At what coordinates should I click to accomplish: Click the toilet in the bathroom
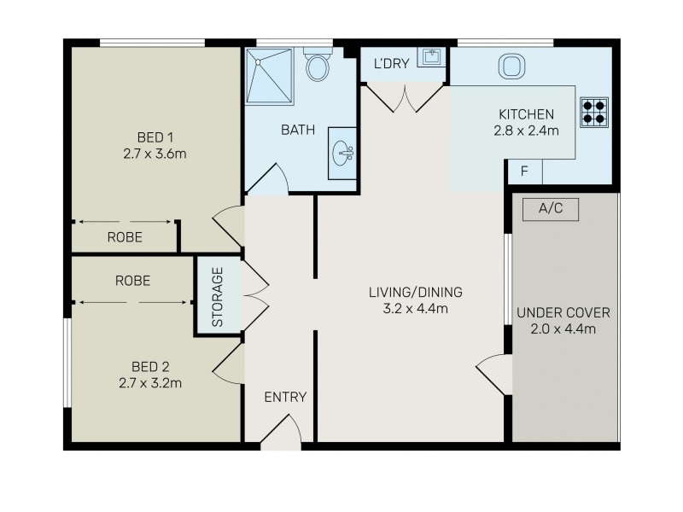[x=318, y=66]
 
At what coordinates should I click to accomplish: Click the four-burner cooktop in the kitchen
[x=593, y=112]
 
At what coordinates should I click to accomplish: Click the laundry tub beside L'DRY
[x=430, y=57]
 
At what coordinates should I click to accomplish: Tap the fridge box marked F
[x=524, y=171]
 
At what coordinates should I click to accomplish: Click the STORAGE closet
[x=217, y=297]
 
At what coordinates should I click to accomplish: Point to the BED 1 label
[x=155, y=137]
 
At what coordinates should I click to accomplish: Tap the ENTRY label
[x=284, y=397]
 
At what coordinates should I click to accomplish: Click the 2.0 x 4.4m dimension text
[x=563, y=329]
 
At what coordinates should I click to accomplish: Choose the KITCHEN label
[x=527, y=114]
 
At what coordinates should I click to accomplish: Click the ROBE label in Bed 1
[x=125, y=237]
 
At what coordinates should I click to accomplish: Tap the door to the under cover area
[x=493, y=372]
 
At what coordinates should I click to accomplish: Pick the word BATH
[x=298, y=131]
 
